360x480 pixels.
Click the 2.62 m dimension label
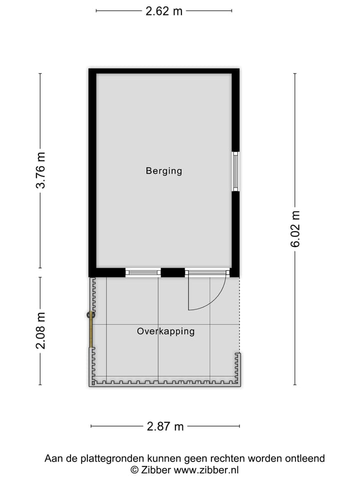(x=164, y=11)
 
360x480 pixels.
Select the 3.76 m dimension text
(x=41, y=170)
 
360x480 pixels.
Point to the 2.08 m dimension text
(x=41, y=330)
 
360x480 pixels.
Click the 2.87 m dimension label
(x=165, y=426)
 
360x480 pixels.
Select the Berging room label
(x=164, y=171)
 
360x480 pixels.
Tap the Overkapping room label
(x=165, y=331)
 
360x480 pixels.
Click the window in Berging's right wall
(x=235, y=171)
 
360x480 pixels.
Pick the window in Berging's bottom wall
(x=143, y=272)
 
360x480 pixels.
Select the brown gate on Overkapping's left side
(x=91, y=330)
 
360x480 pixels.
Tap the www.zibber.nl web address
(x=206, y=470)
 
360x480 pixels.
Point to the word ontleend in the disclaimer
(x=305, y=458)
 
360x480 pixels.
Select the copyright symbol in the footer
(x=134, y=470)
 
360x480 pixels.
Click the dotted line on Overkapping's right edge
(x=239, y=315)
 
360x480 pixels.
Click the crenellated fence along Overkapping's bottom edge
(x=165, y=382)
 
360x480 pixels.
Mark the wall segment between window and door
(x=173, y=272)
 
